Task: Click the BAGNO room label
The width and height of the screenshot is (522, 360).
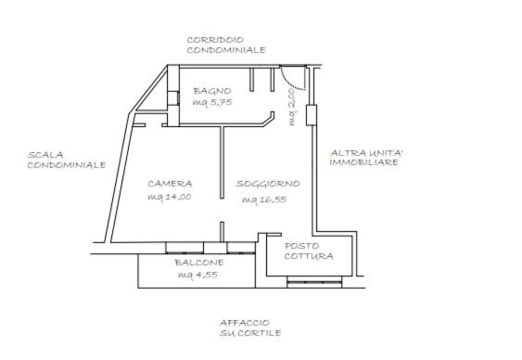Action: [x=212, y=91]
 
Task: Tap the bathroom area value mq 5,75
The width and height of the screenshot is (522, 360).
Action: [x=212, y=102]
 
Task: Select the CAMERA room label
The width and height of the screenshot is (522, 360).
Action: [x=170, y=184]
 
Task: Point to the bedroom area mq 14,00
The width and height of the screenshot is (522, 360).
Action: [x=170, y=197]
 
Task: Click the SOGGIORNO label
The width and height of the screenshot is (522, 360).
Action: [x=268, y=184]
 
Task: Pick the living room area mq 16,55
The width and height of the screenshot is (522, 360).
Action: [x=264, y=199]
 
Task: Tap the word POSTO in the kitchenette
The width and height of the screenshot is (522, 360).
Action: [x=302, y=246]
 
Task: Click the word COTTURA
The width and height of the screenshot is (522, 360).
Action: [x=309, y=256]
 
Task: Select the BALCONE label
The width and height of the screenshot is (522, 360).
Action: [x=199, y=263]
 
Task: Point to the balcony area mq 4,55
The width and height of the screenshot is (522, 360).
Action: [x=198, y=275]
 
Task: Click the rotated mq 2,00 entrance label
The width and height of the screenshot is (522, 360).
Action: [x=292, y=107]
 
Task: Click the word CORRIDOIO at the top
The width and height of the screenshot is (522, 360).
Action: [x=215, y=40]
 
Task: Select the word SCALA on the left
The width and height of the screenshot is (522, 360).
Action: [x=45, y=155]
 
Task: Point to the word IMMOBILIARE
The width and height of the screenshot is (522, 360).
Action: [x=363, y=162]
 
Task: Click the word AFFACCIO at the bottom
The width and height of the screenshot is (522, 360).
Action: [x=245, y=323]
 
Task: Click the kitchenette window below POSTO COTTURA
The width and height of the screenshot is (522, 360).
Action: [x=314, y=283]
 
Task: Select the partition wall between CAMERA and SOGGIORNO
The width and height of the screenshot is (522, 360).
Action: [x=222, y=162]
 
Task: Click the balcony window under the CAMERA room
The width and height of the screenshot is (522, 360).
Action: [x=185, y=248]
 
